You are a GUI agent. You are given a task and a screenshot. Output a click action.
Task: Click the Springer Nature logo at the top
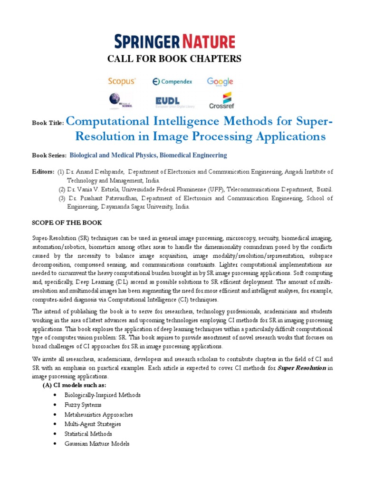coord(182,41)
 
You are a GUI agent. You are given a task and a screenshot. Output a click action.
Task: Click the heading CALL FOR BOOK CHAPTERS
coord(182,58)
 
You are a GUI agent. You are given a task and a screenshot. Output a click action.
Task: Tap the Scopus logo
coord(121,81)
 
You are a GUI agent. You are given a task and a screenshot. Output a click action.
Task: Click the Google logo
coord(220,82)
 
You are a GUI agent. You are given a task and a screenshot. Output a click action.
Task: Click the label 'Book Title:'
coord(48,123)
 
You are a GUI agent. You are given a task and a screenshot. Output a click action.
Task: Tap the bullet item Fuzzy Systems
coord(83,405)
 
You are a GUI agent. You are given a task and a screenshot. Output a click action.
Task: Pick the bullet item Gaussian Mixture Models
coord(96,443)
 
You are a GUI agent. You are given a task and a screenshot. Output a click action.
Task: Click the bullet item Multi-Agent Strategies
coord(93,424)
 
